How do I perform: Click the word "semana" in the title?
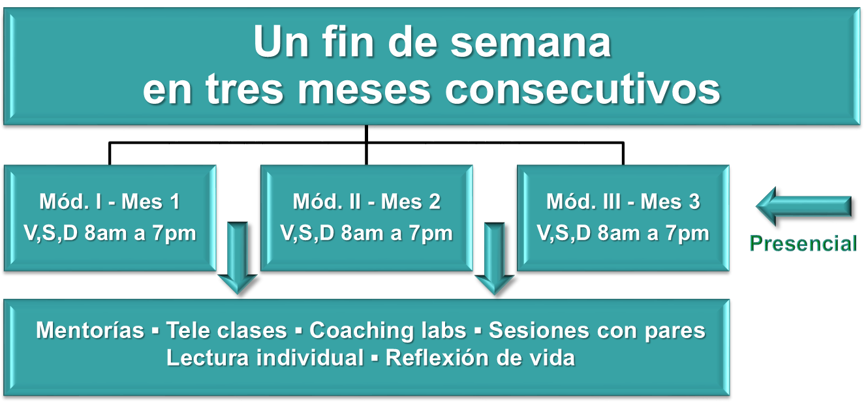[531, 42]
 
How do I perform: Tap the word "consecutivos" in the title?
[582, 90]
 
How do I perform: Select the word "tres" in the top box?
[244, 90]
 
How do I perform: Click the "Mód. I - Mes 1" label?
[110, 202]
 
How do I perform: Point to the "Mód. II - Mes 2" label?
[367, 202]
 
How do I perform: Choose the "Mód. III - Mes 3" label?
[623, 202]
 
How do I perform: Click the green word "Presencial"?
[803, 243]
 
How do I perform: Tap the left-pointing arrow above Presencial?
[803, 206]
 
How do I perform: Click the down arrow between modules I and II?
[237, 258]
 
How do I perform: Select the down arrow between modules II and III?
[495, 258]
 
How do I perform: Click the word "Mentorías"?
[90, 330]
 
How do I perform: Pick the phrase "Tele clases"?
[226, 330]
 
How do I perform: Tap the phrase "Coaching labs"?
[388, 331]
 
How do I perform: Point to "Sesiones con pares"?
[597, 331]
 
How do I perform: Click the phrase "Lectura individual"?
[265, 358]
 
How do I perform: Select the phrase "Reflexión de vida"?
[480, 358]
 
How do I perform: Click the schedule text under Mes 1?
[110, 233]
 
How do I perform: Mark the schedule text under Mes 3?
[623, 233]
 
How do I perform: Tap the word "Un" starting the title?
[281, 42]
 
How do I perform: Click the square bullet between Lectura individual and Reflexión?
[375, 358]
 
